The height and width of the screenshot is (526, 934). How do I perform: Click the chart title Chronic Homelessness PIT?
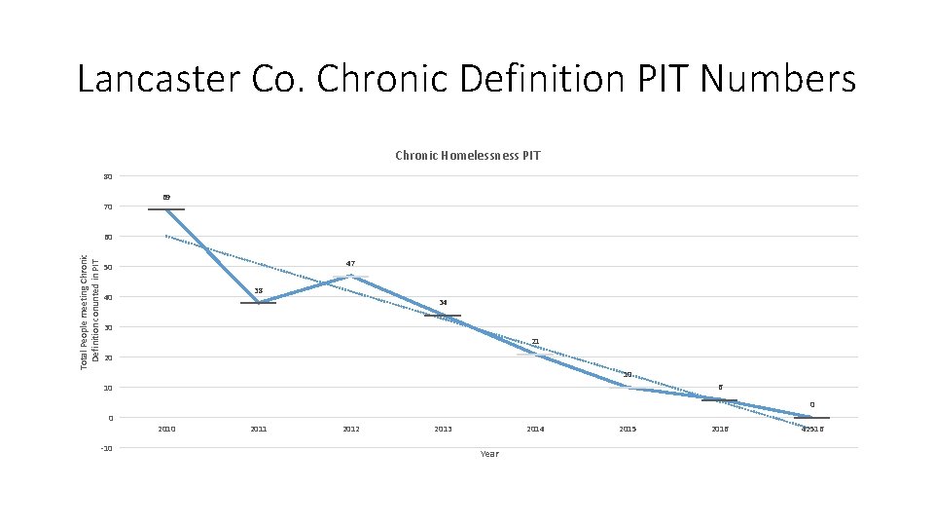[468, 156]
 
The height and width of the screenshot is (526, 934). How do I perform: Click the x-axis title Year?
[489, 454]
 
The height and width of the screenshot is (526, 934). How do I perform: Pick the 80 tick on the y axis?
[108, 177]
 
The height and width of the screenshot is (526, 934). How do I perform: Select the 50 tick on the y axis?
[108, 268]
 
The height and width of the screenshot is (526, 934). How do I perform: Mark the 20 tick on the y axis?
[108, 358]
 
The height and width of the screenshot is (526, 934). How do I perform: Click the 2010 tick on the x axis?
[166, 429]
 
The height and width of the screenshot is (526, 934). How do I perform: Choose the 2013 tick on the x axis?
[443, 429]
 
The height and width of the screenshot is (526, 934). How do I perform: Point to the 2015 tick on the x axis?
[628, 429]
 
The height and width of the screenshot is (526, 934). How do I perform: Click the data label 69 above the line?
[166, 198]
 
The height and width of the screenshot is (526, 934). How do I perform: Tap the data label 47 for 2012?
[350, 264]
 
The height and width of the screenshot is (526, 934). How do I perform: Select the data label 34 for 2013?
[443, 303]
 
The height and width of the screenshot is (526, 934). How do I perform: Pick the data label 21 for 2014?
[535, 342]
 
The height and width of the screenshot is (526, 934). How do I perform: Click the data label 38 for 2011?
[258, 290]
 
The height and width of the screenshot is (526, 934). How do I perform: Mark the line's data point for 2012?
[350, 277]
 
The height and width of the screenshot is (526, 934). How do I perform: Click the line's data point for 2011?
[259, 303]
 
